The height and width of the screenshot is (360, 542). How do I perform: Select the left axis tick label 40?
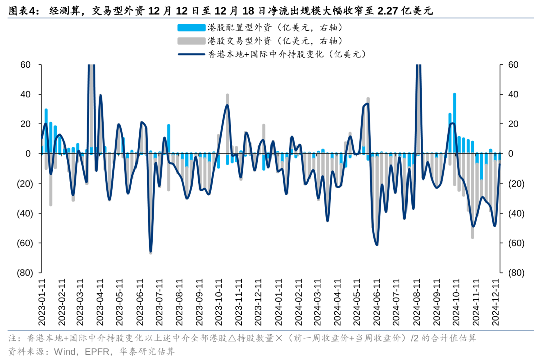pos(26,94)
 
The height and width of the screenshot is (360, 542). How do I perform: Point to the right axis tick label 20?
pos(513,124)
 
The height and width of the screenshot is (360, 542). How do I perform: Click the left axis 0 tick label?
pos(28,154)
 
